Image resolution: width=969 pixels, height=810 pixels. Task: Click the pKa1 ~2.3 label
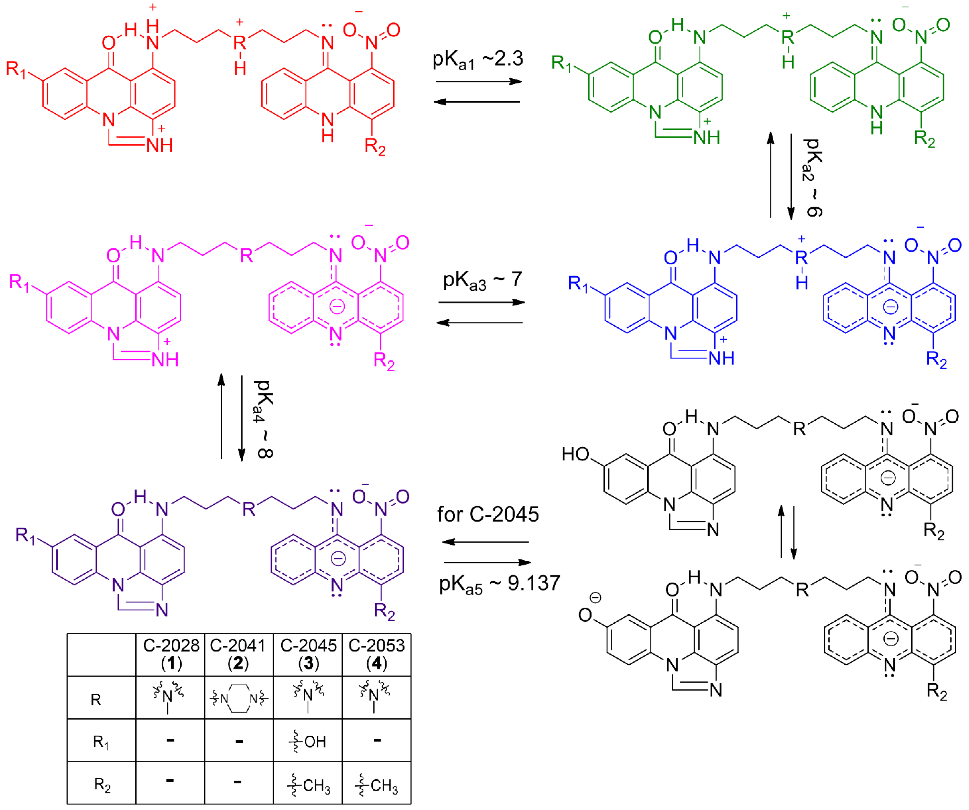pos(478,60)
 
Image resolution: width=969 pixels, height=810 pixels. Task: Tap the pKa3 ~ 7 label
pos(482,280)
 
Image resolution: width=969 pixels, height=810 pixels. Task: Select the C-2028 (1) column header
pos(171,654)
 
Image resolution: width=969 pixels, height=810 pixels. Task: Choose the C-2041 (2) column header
pos(238,654)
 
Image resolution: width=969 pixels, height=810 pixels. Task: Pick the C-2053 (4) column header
pos(377,654)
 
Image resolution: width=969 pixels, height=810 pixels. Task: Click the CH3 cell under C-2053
pos(377,785)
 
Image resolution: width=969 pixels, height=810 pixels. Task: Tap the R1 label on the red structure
pos(16,69)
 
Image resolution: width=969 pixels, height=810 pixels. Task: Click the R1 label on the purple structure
pos(25,535)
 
